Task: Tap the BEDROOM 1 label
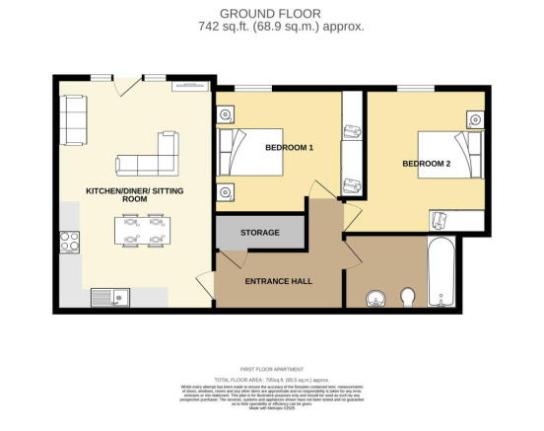(289, 148)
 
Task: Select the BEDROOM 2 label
(425, 165)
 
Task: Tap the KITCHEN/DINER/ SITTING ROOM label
(134, 193)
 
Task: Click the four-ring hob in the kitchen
(71, 242)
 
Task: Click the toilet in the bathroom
(408, 296)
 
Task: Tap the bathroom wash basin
(374, 297)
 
